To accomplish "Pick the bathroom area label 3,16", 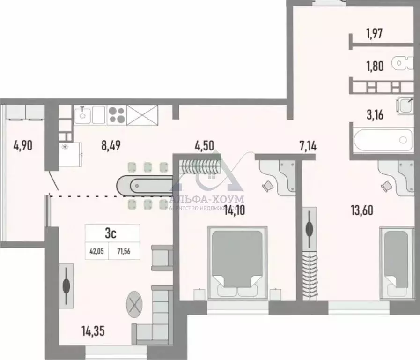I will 375,114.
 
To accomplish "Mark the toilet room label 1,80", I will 375,66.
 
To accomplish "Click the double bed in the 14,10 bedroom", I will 237,262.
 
